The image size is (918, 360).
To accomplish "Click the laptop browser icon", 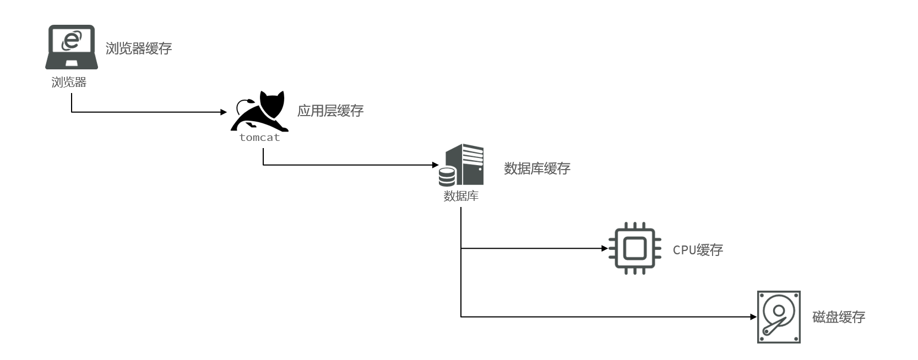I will pos(71,47).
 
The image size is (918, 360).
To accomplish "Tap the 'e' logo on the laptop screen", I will pos(71,40).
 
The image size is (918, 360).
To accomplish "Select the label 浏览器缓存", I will pos(139,48).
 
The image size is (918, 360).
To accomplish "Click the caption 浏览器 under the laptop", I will pos(69,83).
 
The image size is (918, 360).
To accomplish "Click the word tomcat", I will pos(259,138).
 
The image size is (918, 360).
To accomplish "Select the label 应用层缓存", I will pos(330,111).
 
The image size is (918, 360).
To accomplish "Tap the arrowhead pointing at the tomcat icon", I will pos(224,112).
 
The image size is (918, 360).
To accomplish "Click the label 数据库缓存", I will pos(537,168).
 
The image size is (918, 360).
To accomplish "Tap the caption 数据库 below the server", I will pos(461,196).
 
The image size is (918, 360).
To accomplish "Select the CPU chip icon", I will pos(634,248).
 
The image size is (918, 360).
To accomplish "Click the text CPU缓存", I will pos(698,250).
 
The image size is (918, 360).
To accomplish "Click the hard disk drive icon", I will pos(778,317).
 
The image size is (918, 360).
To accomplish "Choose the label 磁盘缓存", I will pos(839,317).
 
